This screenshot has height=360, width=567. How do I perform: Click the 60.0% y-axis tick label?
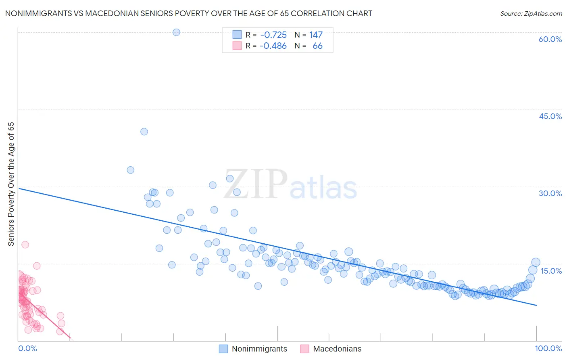tap(550, 39)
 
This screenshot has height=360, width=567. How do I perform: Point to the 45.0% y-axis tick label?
tap(550, 116)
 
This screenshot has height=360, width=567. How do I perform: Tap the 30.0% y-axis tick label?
tap(550, 193)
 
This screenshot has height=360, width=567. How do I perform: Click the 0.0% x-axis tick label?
tap(27, 348)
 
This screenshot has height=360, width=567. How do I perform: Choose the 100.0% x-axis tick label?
tap(548, 348)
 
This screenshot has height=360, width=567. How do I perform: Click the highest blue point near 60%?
tap(176, 32)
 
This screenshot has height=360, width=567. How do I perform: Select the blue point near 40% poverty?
tap(144, 132)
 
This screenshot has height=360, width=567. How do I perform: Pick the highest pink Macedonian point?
tap(25, 245)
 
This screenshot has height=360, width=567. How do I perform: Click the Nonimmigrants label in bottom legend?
tap(259, 349)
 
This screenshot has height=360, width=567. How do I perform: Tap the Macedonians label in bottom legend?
tap(337, 349)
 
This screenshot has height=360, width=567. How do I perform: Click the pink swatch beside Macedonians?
tap(304, 349)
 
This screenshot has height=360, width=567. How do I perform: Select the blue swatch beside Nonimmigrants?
tap(223, 349)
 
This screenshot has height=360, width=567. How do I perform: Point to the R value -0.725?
tap(273, 35)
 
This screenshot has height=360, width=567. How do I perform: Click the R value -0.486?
tap(273, 46)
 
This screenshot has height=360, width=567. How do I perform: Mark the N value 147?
tap(316, 35)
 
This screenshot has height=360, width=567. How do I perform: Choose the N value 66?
tap(317, 46)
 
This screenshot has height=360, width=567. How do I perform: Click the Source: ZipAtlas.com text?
tap(531, 13)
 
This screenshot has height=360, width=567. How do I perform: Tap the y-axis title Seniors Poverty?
tap(11, 184)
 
